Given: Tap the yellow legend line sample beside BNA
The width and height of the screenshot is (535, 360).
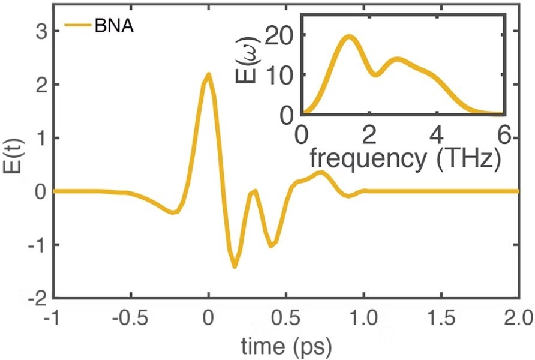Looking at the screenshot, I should (x=77, y=26).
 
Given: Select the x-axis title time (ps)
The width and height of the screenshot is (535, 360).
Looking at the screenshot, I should (x=285, y=347).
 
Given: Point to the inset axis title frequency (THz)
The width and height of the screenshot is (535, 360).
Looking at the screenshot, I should (x=406, y=158).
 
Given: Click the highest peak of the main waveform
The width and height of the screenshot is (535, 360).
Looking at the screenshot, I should (x=208, y=74).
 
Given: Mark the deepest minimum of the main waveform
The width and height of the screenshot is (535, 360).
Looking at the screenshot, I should (x=235, y=266).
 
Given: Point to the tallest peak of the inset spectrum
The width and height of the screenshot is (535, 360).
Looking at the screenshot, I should (x=349, y=37).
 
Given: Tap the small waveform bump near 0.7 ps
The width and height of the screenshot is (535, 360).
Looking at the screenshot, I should (x=322, y=173).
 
